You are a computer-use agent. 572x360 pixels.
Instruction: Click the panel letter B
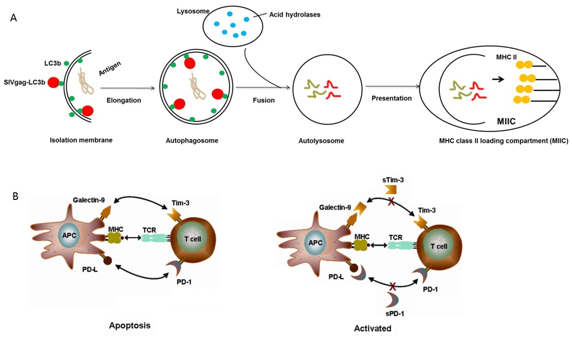pos(15,195)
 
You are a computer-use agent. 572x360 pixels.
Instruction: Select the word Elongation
pos(125,100)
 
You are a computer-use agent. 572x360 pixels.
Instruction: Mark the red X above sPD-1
pos(392,286)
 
